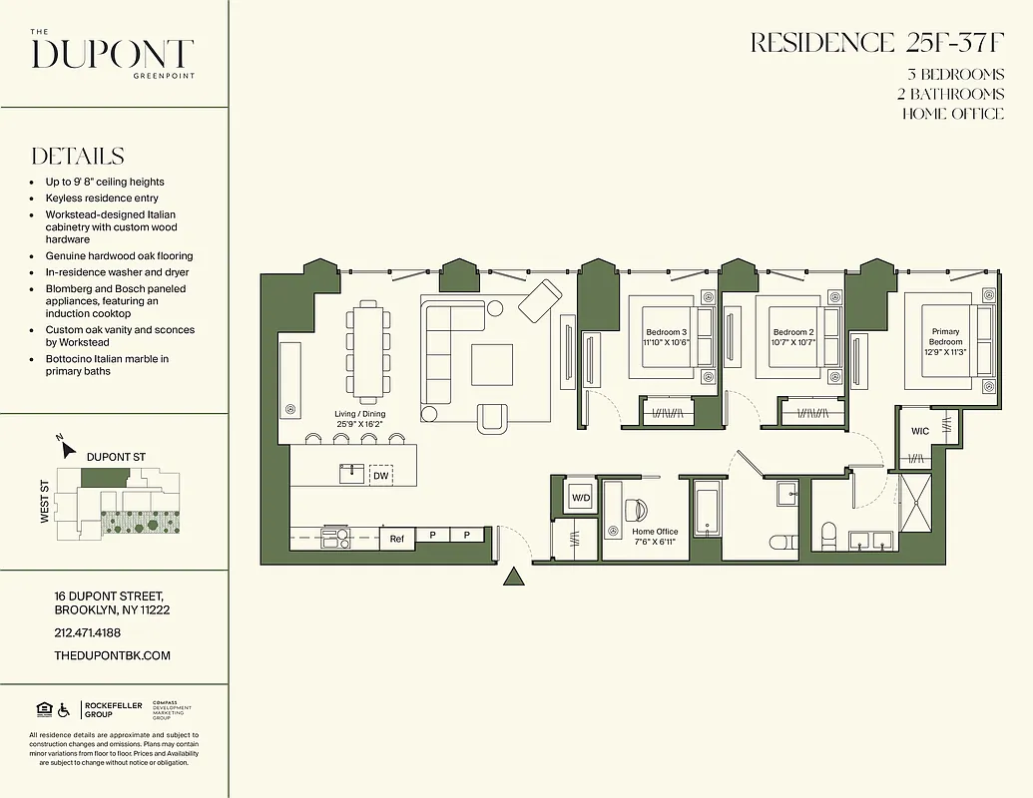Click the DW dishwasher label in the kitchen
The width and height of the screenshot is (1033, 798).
point(380,477)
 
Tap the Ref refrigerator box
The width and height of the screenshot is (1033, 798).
point(396,539)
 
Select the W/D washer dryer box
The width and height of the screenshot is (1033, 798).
point(581,497)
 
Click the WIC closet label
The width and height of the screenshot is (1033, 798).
point(919,431)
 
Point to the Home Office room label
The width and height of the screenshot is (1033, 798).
point(655,532)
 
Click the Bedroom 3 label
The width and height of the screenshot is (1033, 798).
point(666,332)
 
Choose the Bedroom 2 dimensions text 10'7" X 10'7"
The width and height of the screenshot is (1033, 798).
point(793,342)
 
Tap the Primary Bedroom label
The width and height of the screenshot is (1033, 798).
point(946,336)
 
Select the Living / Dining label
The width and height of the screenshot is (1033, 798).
point(360,414)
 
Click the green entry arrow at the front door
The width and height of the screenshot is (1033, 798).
point(514,577)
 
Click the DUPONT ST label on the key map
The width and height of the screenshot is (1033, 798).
point(116,457)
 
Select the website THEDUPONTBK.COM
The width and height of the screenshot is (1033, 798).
point(113,655)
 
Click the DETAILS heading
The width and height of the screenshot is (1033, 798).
point(78,157)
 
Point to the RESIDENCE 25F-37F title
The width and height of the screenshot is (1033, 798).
point(876,43)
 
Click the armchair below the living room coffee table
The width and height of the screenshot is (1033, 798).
point(493,417)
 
